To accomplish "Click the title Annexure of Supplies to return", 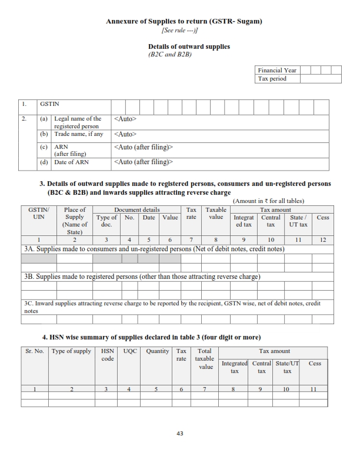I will (184, 22).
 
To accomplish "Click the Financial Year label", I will (277, 70).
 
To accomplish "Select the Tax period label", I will (272, 78).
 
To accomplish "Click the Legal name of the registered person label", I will (78, 122).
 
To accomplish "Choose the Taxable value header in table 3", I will (216, 214).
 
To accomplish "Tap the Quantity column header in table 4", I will (158, 351).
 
